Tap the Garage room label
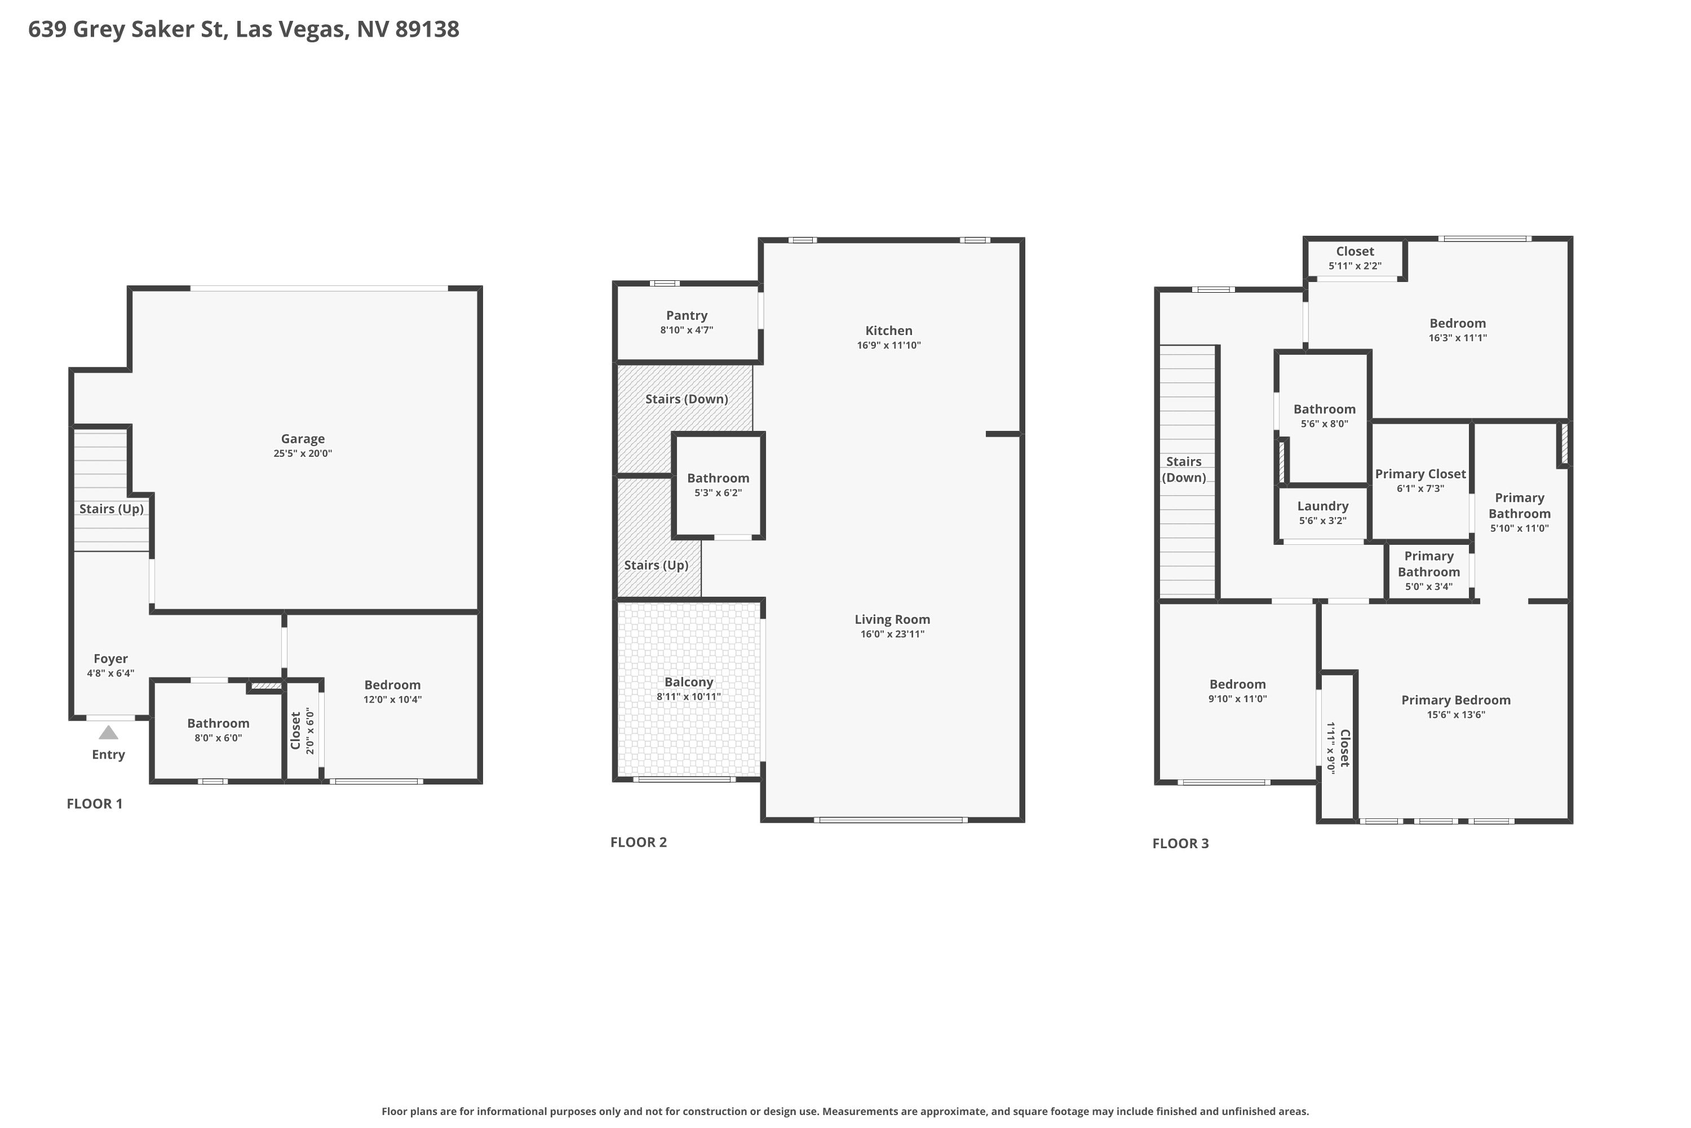303,439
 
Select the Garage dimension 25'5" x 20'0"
303,454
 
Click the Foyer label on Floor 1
110,659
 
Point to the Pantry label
687,315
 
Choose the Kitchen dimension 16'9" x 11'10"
889,345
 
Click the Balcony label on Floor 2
689,682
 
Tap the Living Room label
892,619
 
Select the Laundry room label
1323,506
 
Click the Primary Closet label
1420,474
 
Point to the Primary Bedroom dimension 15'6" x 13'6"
1456,715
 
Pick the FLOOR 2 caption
639,843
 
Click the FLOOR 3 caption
1180,844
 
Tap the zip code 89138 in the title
427,29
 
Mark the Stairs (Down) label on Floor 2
687,399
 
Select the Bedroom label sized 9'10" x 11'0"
1237,685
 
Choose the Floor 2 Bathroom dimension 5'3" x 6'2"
718,493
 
